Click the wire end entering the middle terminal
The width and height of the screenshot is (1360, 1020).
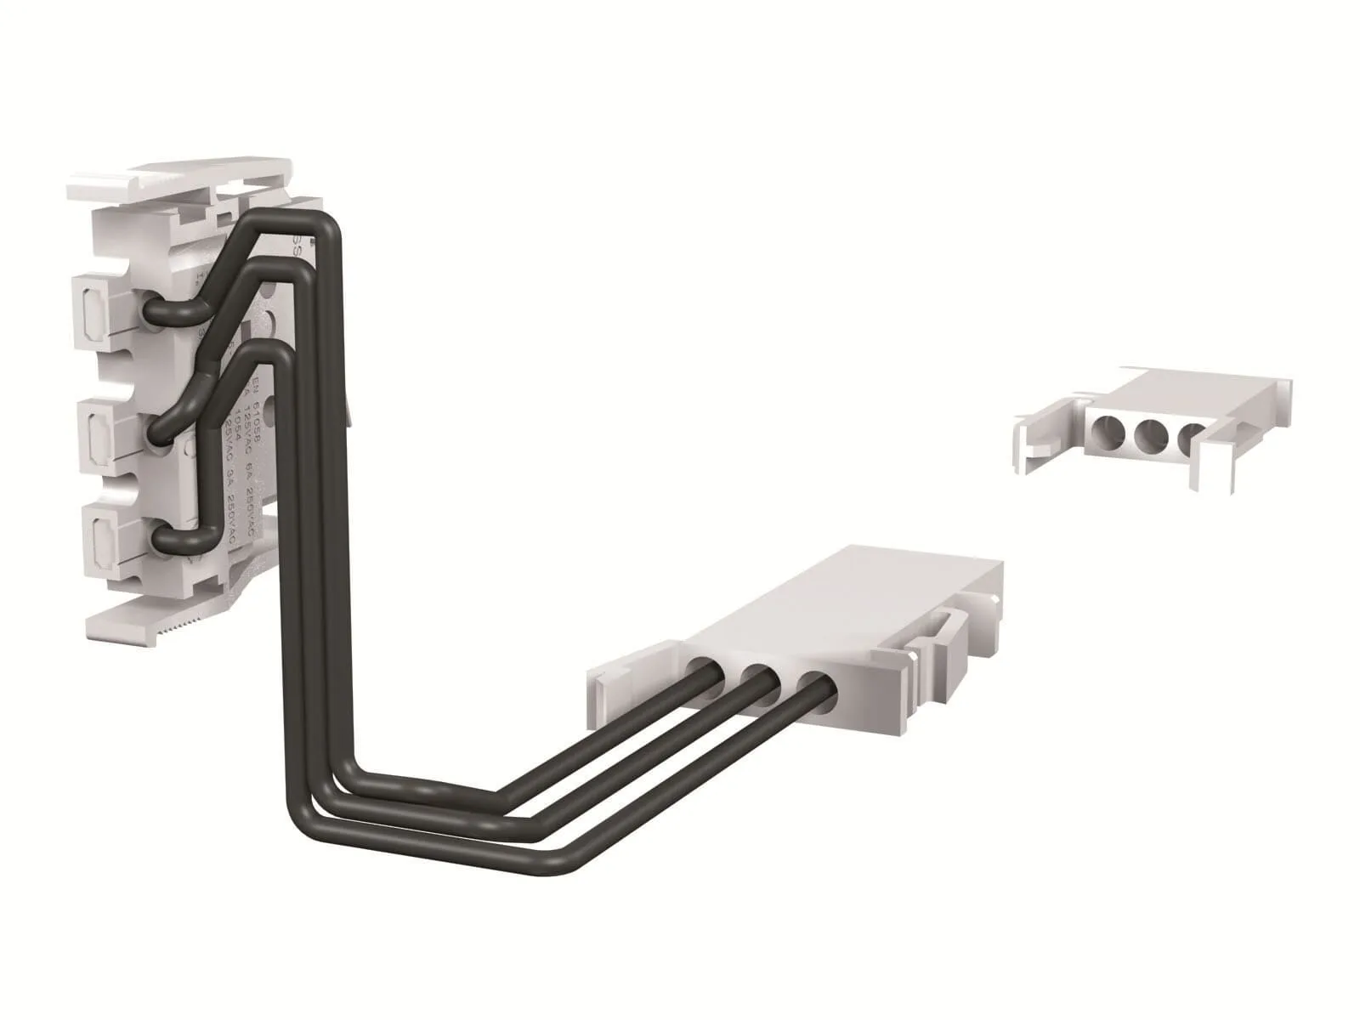tap(160, 433)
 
